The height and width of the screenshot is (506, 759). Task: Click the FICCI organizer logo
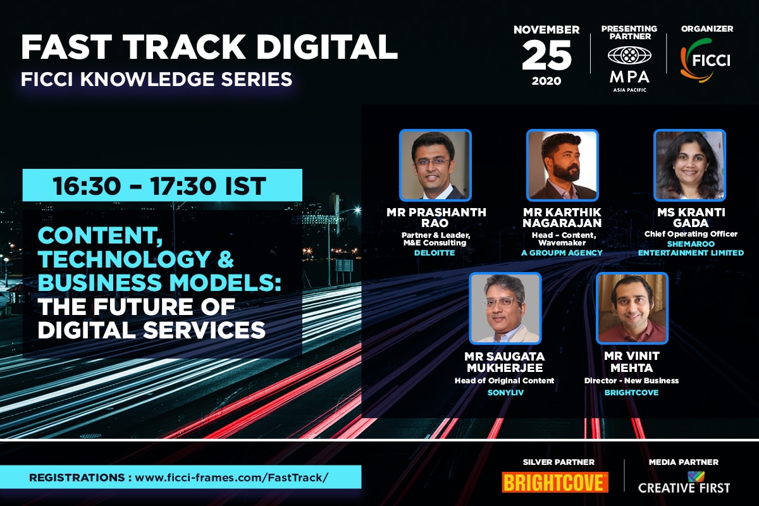[705, 60]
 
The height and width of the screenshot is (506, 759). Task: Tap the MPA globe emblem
[629, 55]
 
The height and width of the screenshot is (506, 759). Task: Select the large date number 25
[546, 55]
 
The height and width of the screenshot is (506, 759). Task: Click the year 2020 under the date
[546, 81]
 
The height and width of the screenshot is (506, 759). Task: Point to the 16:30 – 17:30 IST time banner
[163, 185]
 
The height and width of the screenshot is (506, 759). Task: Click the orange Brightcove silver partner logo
[555, 482]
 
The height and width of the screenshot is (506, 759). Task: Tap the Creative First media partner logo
[684, 483]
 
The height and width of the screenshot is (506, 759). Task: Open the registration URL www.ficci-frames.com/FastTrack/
[231, 478]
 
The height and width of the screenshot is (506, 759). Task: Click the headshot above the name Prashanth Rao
[435, 165]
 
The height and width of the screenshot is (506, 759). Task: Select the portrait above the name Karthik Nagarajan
[562, 165]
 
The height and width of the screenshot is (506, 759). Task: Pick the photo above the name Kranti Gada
[689, 165]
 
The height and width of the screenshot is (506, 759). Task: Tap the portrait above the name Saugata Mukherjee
[505, 308]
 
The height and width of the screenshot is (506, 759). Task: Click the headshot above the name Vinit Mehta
[632, 308]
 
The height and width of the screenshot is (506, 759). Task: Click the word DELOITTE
[435, 253]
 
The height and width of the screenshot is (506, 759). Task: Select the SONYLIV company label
[505, 392]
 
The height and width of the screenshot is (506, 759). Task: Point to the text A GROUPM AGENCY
[562, 253]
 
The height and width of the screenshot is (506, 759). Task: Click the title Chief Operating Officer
[691, 234]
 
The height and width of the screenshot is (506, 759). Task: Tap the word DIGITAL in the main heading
[326, 47]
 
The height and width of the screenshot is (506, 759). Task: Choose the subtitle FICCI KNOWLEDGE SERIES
[157, 79]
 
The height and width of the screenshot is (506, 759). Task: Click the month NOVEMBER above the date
[546, 30]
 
